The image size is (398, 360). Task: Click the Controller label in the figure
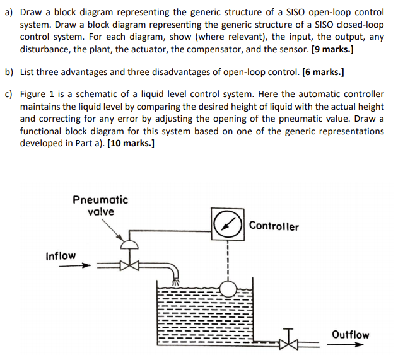click(x=274, y=226)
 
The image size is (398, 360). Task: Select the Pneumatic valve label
click(x=100, y=206)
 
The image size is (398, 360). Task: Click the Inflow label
click(x=61, y=256)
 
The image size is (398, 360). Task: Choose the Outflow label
click(x=350, y=335)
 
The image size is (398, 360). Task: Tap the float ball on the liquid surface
click(x=227, y=289)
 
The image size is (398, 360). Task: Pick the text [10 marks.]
click(x=131, y=143)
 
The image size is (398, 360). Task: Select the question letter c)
click(x=9, y=95)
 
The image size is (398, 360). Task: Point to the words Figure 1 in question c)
click(x=37, y=95)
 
